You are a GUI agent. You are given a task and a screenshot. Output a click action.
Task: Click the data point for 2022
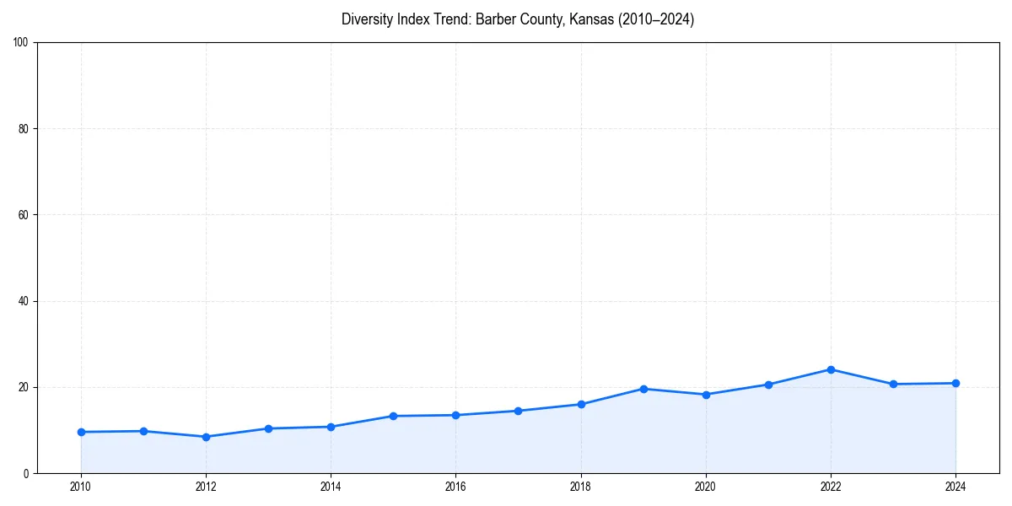click(831, 369)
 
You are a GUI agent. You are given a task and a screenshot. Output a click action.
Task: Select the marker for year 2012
click(206, 437)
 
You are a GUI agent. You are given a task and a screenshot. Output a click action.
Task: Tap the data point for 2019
click(643, 389)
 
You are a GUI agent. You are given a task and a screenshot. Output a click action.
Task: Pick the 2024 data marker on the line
click(955, 383)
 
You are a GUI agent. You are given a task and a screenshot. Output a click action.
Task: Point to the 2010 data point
click(81, 432)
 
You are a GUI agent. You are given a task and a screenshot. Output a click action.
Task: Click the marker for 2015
click(393, 416)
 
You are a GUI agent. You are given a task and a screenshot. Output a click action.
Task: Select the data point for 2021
click(768, 385)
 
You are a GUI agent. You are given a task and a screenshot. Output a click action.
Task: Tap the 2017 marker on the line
click(518, 411)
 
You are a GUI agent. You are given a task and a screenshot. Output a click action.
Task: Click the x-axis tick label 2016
click(455, 487)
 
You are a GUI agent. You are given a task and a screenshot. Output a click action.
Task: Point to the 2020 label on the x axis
click(706, 487)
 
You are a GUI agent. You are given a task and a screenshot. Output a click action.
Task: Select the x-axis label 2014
click(331, 487)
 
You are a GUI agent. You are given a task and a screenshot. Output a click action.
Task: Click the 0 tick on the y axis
click(27, 473)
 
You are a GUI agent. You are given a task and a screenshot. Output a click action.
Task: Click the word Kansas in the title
click(591, 19)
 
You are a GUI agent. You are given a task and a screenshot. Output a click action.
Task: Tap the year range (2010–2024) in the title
click(656, 19)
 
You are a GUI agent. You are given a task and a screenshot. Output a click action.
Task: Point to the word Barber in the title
click(495, 19)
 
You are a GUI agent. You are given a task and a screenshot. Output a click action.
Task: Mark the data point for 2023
click(893, 384)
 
